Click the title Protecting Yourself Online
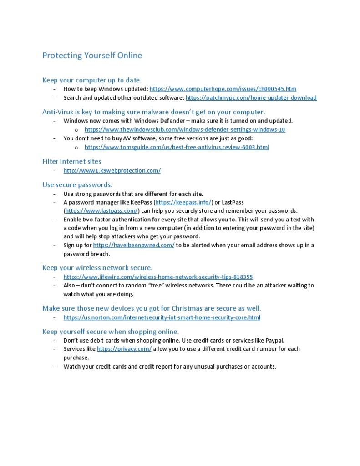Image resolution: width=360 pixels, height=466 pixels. [92, 56]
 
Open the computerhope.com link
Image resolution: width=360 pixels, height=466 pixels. [223, 89]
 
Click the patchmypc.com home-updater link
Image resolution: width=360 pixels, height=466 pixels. [251, 97]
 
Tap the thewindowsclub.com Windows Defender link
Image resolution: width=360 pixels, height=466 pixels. [185, 129]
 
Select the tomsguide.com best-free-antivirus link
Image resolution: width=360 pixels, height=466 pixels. [177, 147]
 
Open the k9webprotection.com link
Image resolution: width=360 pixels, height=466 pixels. [112, 170]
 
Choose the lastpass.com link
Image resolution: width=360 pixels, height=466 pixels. [101, 210]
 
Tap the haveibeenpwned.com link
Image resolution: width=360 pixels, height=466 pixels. [133, 245]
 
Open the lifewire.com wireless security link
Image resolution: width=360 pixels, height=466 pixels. [158, 277]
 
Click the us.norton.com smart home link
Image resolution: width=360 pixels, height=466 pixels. [162, 317]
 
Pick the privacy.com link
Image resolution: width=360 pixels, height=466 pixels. [124, 349]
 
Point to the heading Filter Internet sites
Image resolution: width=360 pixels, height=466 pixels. [71, 161]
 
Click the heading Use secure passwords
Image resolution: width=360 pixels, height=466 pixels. [77, 184]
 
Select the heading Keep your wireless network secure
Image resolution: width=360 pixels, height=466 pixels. [97, 267]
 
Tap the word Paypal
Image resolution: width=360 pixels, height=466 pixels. [274, 340]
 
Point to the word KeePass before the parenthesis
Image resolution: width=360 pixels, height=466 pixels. [141, 202]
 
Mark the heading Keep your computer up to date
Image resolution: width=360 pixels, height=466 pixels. [91, 80]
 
